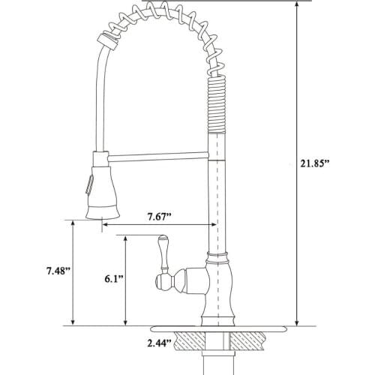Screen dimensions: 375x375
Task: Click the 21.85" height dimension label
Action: click(x=316, y=164)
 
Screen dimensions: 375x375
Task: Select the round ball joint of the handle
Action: click(x=163, y=282)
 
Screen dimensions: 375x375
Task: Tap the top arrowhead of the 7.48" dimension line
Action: click(x=73, y=224)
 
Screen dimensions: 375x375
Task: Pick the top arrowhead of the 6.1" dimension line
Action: click(x=124, y=237)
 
